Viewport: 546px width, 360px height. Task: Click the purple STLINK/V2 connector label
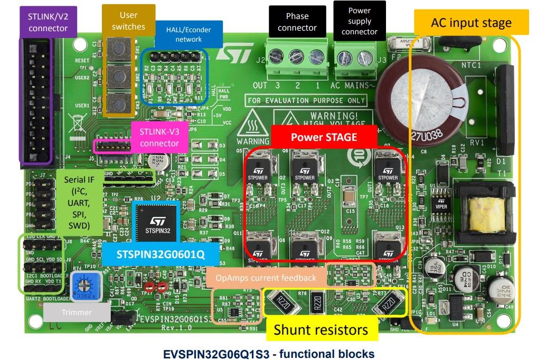click(x=48, y=22)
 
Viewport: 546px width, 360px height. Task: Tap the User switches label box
click(x=128, y=21)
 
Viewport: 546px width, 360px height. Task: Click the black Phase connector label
click(x=297, y=22)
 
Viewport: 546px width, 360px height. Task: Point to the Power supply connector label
click(x=360, y=21)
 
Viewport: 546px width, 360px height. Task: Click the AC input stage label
click(x=471, y=23)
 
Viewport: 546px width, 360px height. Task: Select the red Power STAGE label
click(x=324, y=137)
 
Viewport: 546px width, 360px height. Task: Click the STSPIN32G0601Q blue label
click(x=161, y=255)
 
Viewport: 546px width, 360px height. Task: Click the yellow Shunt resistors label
click(x=321, y=330)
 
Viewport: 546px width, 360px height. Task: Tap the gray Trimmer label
click(x=76, y=312)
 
